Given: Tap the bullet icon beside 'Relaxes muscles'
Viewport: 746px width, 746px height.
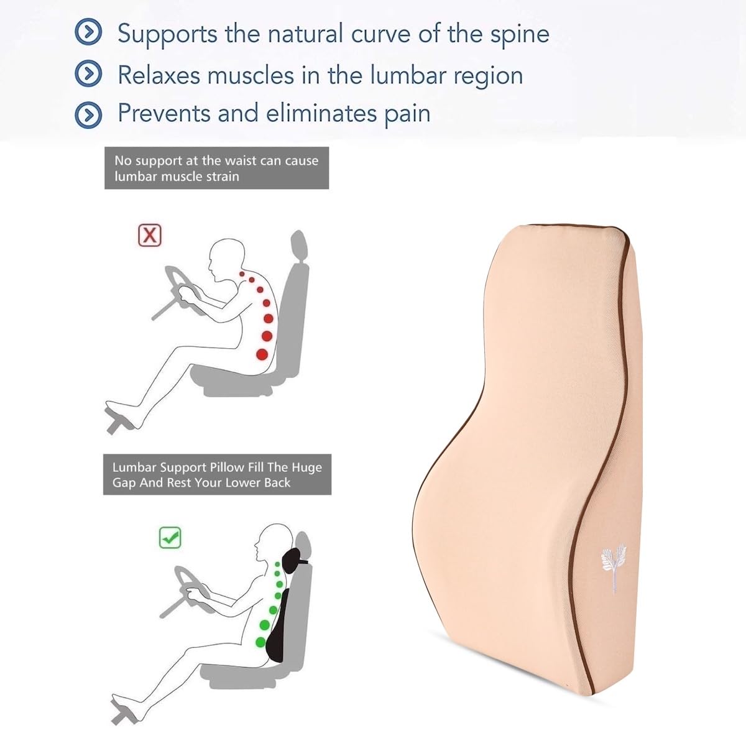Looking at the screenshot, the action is pos(88,75).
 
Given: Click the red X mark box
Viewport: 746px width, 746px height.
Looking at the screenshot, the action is pos(149,236).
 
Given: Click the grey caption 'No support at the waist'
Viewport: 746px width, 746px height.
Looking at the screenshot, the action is pos(216,168).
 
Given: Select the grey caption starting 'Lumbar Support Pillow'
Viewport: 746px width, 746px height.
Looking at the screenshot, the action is pos(217,474).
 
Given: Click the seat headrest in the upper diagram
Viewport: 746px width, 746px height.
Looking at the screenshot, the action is pos(298,247).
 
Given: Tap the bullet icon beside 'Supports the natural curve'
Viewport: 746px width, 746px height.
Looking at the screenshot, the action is pos(88,34).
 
